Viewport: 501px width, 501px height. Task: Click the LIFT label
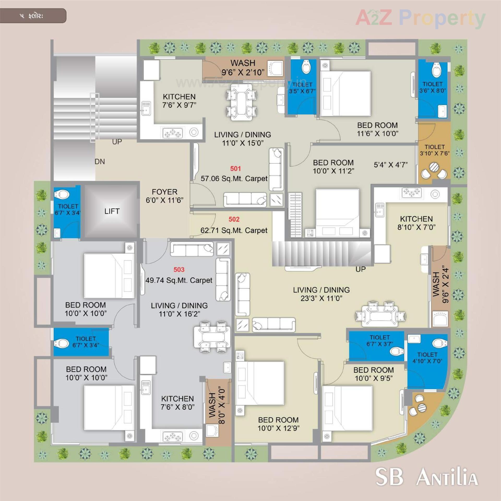point(112,211)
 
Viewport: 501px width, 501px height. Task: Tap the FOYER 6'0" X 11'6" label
point(164,196)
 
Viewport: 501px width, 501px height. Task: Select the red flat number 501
point(235,169)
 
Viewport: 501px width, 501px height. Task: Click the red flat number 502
point(234,219)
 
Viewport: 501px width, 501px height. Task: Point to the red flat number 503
point(179,270)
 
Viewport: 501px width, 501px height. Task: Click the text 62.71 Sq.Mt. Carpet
point(234,230)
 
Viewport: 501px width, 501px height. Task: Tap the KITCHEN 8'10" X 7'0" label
point(416,223)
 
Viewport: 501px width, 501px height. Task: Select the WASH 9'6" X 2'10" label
point(243,68)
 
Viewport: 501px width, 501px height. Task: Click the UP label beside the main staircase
point(117,142)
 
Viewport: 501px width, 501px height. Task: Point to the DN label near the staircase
point(100,162)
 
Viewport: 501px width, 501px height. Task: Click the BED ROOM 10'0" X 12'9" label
point(278,424)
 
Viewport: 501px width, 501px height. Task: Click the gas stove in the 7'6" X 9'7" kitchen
point(172,134)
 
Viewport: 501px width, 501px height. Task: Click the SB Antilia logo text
point(426,477)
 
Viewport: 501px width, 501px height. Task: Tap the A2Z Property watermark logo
point(420,18)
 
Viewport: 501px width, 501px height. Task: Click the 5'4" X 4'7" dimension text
point(391,165)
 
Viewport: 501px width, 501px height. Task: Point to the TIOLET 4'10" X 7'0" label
point(427,358)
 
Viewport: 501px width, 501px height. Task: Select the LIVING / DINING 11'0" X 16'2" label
point(179,309)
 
